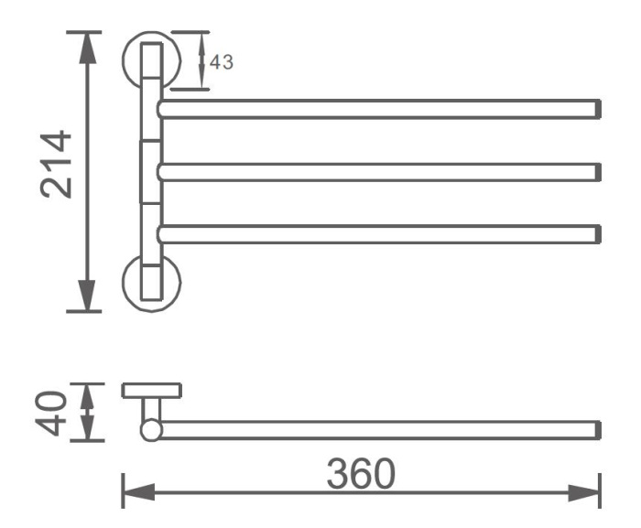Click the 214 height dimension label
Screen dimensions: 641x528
tap(56, 164)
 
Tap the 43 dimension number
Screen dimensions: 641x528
tap(222, 62)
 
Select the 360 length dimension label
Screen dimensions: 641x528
tap(361, 474)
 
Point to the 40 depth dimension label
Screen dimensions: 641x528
tap(50, 414)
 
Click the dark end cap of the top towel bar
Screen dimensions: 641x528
tap(598, 109)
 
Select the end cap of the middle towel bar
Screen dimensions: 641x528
tap(598, 172)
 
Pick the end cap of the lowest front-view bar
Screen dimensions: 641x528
tap(598, 234)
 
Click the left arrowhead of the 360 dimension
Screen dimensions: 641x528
tap(138, 492)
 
